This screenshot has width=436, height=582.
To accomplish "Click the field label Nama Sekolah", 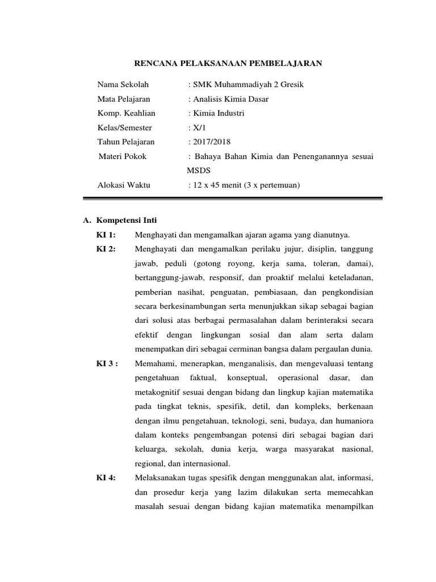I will point(123,85).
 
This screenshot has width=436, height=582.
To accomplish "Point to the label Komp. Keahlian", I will point(126,113).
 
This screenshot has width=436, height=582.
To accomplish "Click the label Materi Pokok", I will point(123,156).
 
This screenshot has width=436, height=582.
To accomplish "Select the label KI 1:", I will point(107,235).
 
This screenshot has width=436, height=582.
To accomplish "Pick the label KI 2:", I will point(107,250).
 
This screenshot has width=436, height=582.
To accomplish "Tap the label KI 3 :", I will point(108,363).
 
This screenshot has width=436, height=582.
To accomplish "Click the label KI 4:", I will point(107,477).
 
